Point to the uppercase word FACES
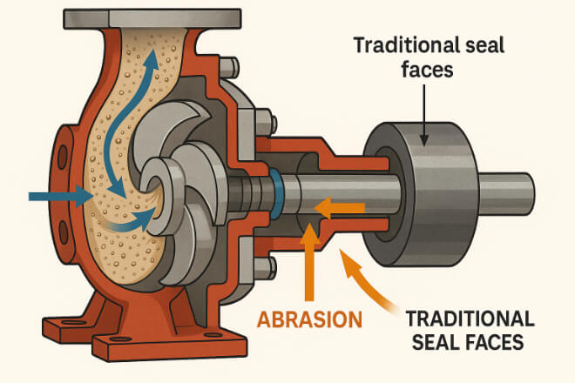pos(494,342)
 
